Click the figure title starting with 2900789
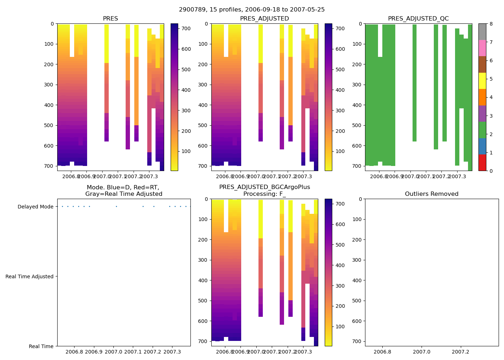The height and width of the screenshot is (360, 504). [x=252, y=10]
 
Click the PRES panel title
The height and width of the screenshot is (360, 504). [x=110, y=19]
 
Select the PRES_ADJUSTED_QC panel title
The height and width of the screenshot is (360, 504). [x=418, y=19]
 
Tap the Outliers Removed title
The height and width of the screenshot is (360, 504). [x=431, y=194]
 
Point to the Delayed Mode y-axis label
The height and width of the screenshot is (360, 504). [x=35, y=207]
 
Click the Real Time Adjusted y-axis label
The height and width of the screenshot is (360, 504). [x=29, y=276]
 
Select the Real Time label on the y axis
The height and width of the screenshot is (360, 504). [x=41, y=346]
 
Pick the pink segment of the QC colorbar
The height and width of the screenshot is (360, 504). [x=482, y=48]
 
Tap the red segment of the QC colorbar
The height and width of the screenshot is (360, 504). [x=482, y=163]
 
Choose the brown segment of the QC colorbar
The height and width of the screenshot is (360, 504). [x=482, y=64]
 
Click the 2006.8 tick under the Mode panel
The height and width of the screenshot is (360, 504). [x=75, y=352]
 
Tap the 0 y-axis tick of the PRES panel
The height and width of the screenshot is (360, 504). [x=52, y=24]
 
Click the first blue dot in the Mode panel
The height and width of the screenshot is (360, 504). [x=62, y=207]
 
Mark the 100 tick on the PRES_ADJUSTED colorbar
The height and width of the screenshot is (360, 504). [x=340, y=151]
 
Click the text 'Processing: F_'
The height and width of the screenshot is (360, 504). [x=264, y=194]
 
